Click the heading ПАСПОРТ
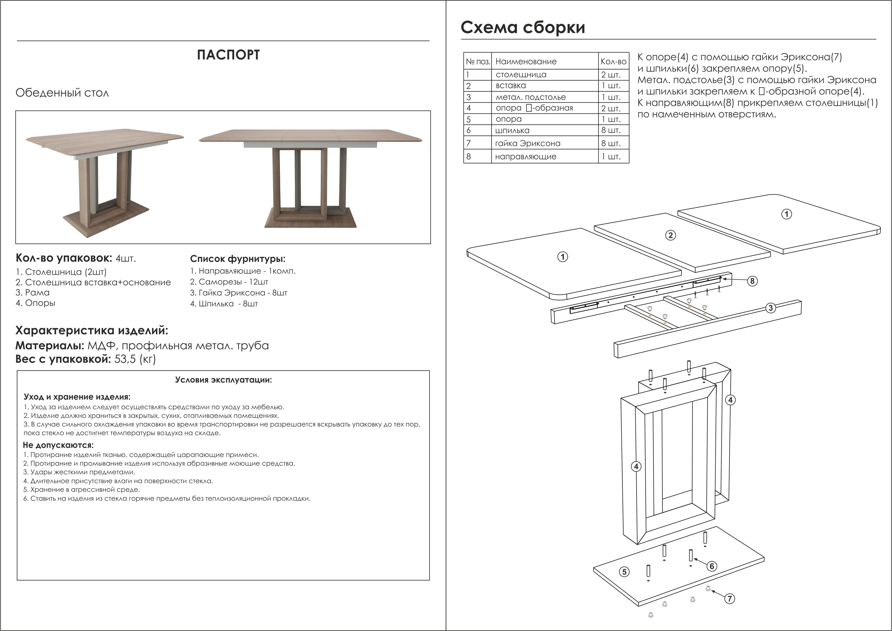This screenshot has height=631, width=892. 228,55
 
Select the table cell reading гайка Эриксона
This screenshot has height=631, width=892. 528,143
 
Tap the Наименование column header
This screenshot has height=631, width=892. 526,61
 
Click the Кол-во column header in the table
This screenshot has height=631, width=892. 613,61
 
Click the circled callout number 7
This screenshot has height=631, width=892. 730,599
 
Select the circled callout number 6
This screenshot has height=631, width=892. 712,566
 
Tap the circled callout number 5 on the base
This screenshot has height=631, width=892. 624,572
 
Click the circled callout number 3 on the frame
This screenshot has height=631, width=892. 771,308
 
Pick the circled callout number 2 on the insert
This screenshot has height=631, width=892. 671,235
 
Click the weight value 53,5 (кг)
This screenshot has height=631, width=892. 135,359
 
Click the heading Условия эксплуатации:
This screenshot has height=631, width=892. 224,380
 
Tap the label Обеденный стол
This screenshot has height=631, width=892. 62,93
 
